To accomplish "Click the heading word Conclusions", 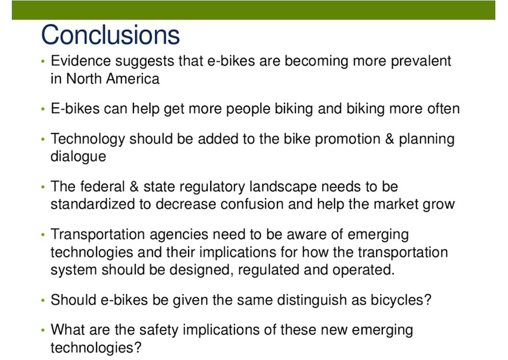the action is (110, 35).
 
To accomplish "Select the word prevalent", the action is (421, 62).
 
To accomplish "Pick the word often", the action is (443, 109).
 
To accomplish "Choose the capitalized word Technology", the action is (88, 139).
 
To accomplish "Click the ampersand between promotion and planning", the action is (389, 139).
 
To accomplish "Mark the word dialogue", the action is (78, 156).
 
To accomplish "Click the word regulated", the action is (269, 270).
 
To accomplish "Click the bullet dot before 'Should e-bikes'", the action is (43, 301).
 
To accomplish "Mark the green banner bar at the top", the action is (253, 10).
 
